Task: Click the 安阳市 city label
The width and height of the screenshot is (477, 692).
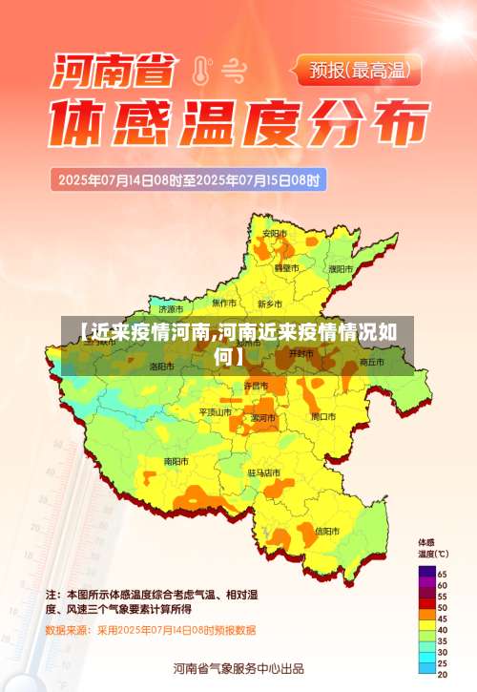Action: [x=274, y=233]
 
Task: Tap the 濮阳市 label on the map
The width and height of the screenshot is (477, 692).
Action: [x=340, y=269]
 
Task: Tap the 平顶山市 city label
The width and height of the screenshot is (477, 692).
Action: [x=216, y=411]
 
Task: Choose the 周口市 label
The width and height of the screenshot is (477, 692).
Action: [x=323, y=416]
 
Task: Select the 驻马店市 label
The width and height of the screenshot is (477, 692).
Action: [x=264, y=472]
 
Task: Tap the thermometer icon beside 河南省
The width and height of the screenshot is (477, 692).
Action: [x=200, y=70]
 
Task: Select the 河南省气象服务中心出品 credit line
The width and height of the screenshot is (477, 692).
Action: [x=238, y=668]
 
